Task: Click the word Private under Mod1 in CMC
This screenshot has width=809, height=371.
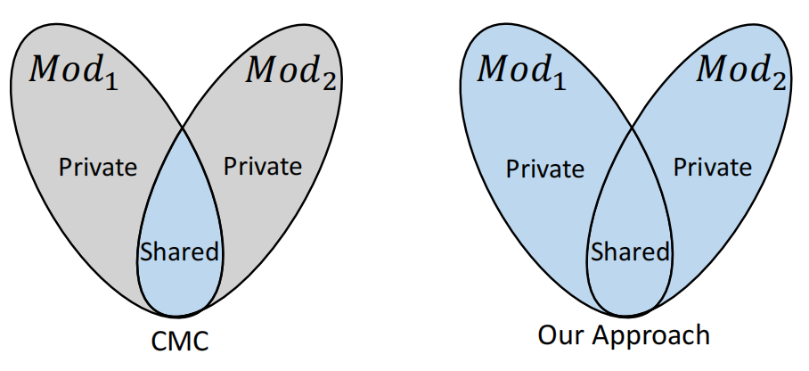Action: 97,166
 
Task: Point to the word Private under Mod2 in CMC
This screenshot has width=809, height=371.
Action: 262,166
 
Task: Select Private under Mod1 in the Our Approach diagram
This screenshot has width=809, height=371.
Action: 545,168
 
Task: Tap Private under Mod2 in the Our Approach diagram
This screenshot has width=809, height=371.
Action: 712,167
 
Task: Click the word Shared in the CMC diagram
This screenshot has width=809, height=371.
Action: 179,251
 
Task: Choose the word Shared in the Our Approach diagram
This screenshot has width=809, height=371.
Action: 629,252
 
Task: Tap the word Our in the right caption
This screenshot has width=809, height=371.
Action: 560,335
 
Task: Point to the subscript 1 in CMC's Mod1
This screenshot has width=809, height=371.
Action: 111,80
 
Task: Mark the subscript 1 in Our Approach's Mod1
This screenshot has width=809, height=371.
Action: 560,80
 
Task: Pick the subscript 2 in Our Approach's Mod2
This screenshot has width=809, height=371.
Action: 779,80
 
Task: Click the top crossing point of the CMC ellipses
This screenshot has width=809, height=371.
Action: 183,128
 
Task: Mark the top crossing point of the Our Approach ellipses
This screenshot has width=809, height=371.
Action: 632,128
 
